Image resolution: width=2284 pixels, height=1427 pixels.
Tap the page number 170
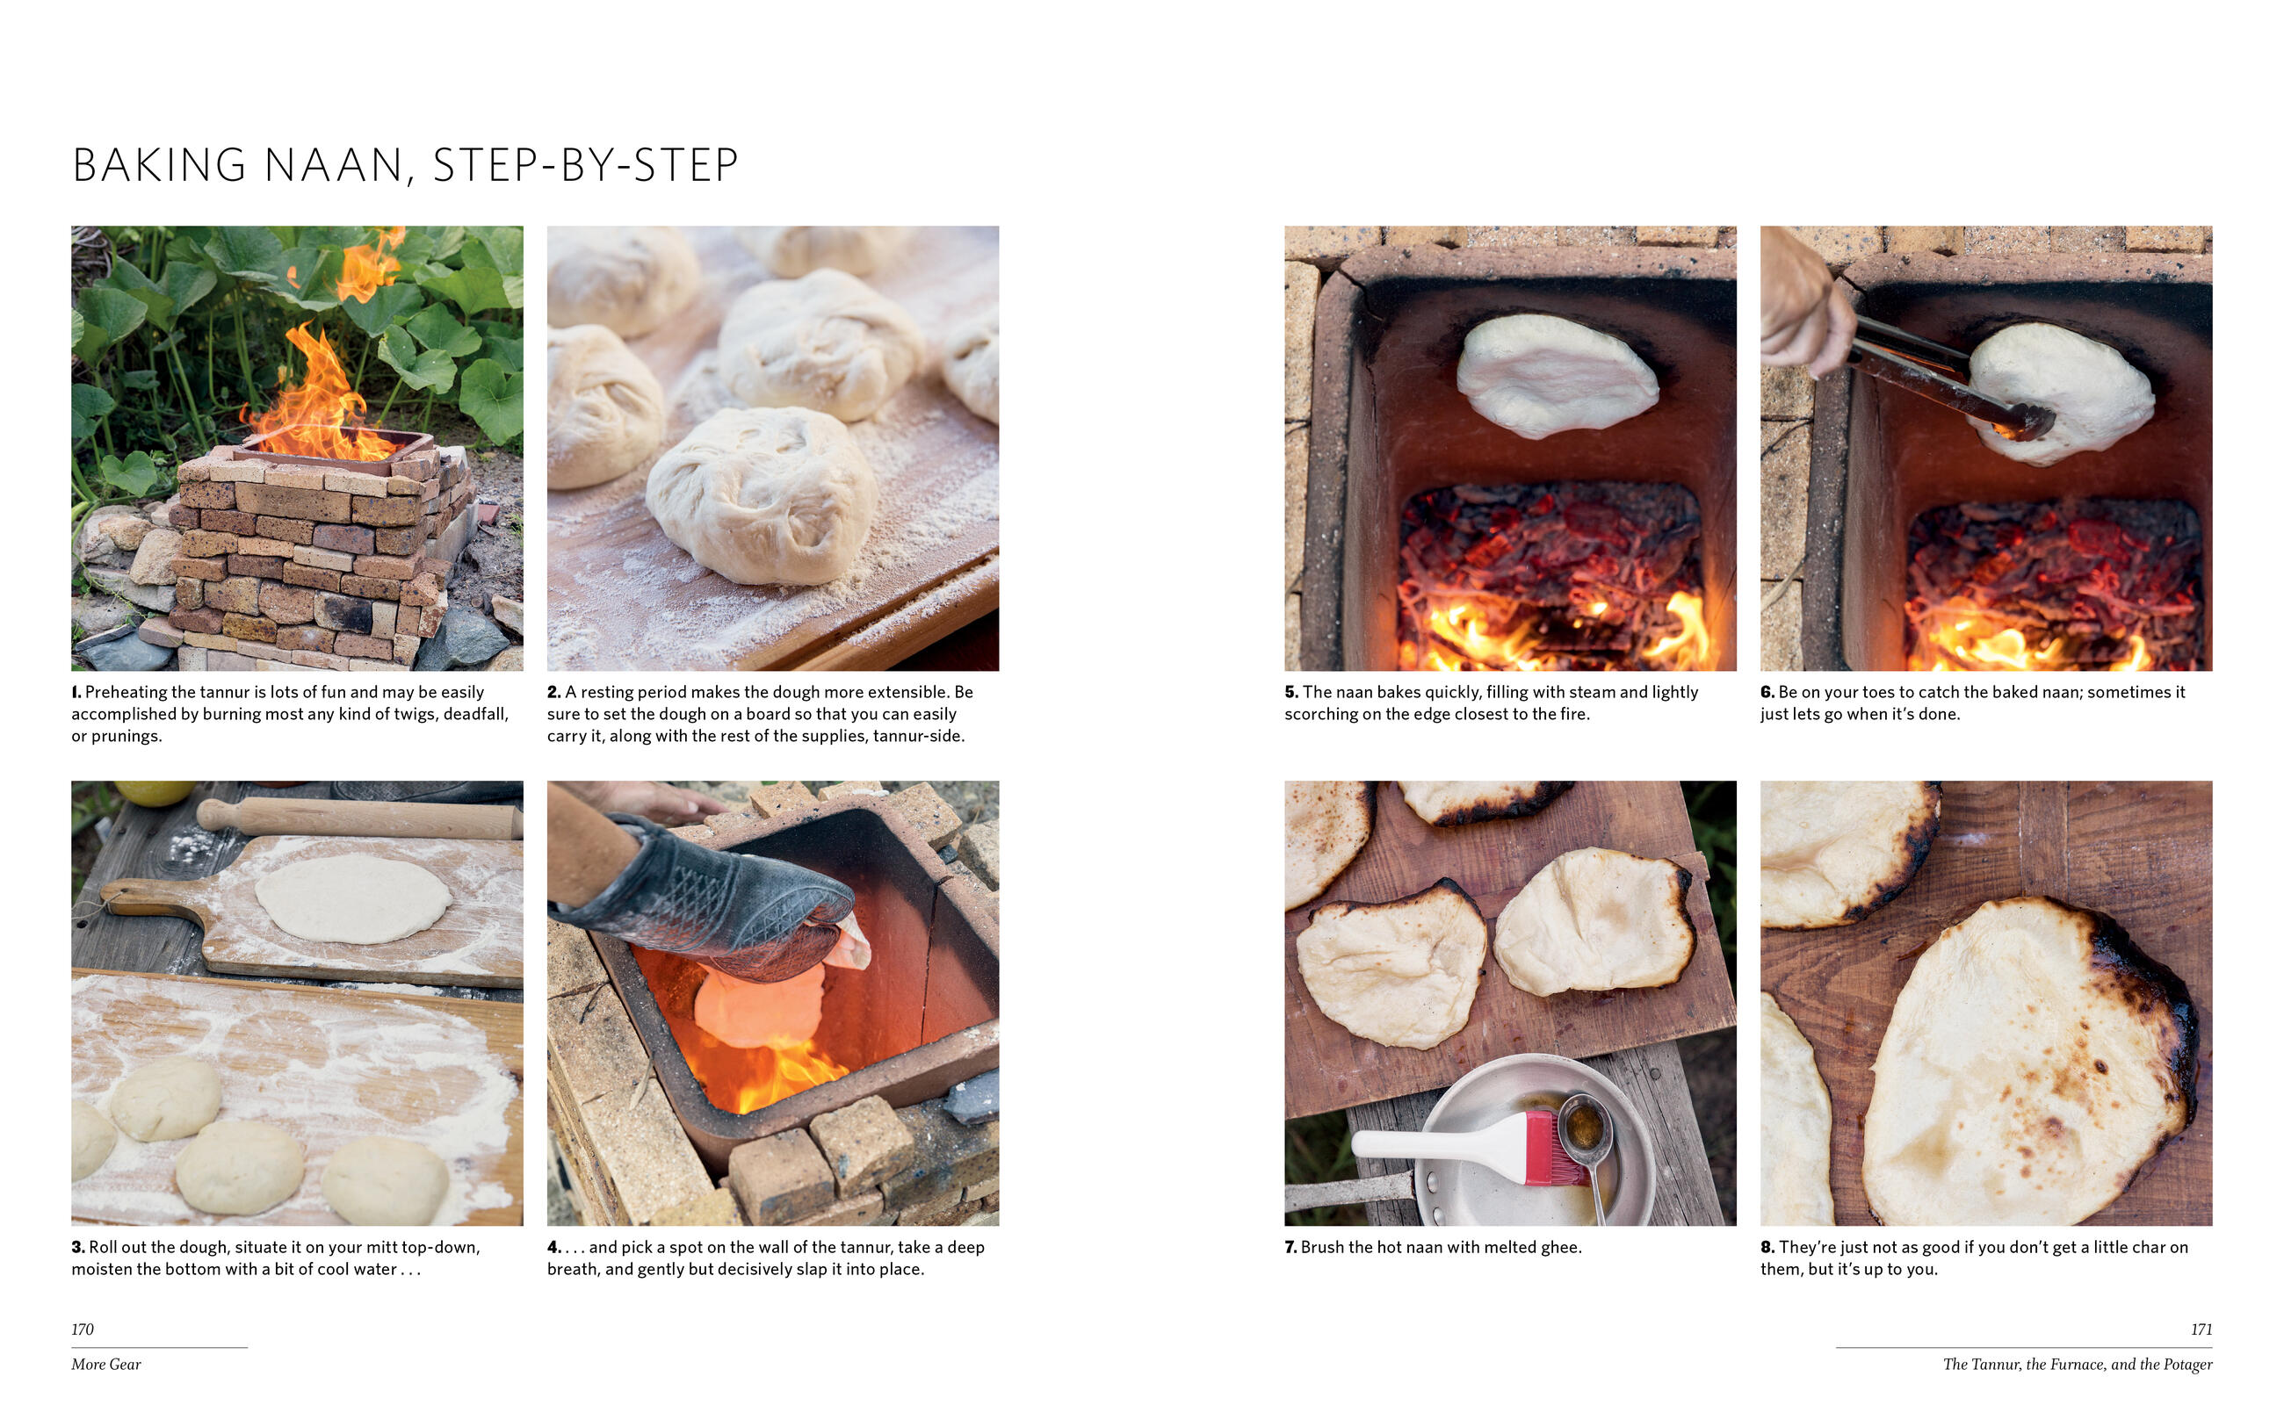[83, 1329]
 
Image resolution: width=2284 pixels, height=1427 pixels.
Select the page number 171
[2201, 1329]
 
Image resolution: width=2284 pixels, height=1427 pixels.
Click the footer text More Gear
[105, 1364]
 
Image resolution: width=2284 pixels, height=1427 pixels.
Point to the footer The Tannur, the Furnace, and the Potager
[2078, 1364]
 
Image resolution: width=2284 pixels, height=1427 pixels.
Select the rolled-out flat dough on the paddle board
[353, 897]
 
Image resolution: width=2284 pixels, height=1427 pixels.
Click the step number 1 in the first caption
[76, 692]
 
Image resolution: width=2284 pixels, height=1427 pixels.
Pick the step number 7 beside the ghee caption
[1290, 1247]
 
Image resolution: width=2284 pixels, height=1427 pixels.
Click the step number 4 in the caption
[554, 1247]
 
